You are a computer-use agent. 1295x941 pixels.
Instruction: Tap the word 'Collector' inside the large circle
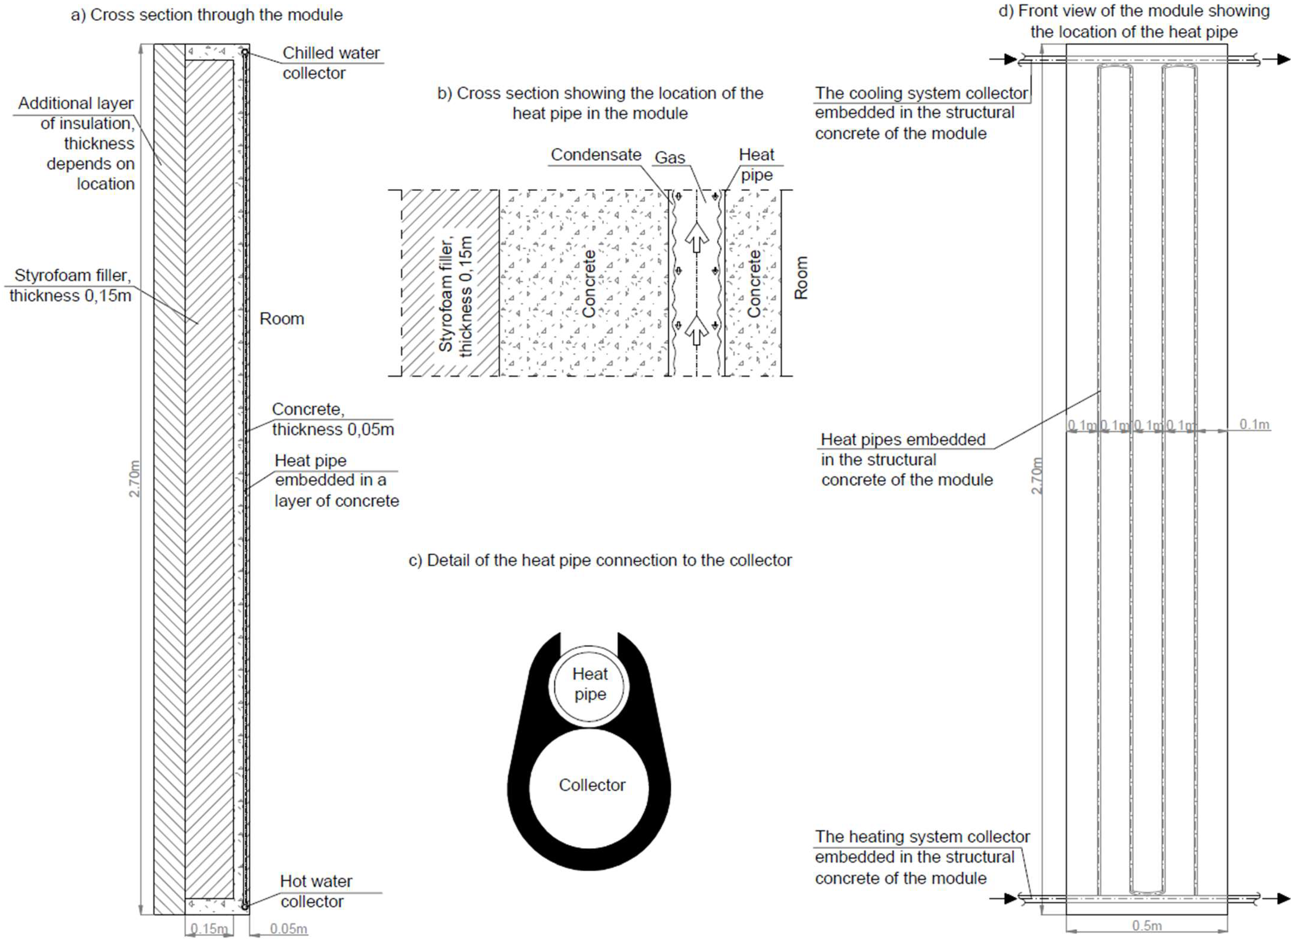[592, 785]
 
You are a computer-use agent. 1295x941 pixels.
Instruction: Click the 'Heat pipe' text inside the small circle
[590, 684]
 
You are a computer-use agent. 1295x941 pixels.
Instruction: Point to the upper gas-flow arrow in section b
[696, 237]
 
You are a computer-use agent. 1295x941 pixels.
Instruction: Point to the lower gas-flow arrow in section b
[696, 330]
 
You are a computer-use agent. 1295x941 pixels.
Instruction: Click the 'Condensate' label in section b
[596, 155]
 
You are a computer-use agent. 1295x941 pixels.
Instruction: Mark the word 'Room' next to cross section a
[281, 319]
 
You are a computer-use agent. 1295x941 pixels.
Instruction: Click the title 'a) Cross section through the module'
[207, 15]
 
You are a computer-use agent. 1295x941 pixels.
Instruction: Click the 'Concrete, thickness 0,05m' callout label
[332, 419]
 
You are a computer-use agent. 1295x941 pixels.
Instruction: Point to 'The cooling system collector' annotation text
[921, 93]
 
